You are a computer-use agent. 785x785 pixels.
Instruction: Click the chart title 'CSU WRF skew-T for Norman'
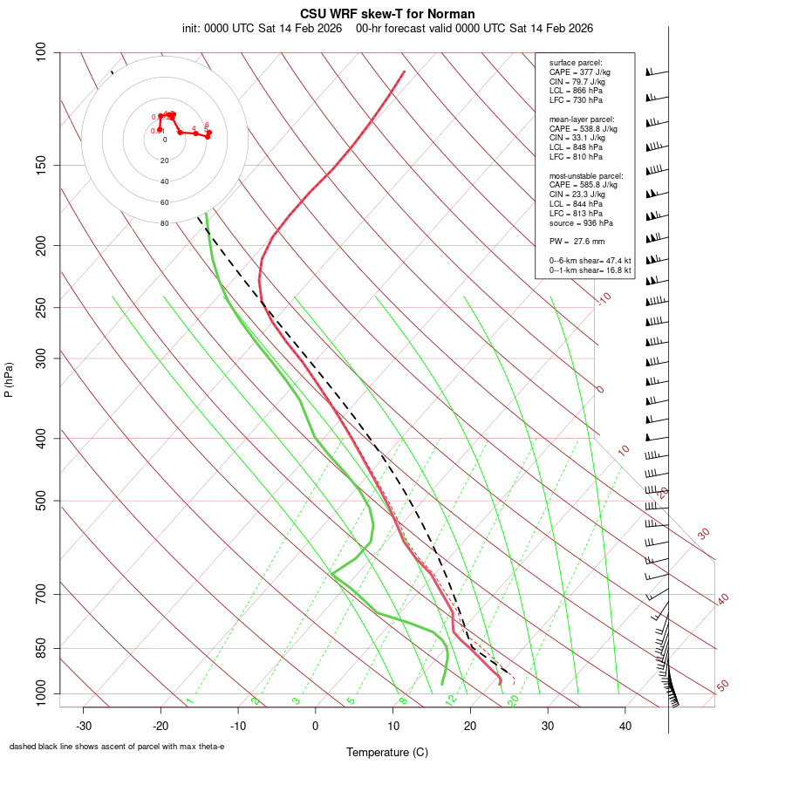tap(387, 14)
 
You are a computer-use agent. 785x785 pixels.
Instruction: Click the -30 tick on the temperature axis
tap(84, 726)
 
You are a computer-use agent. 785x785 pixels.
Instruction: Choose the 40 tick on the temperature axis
tap(625, 726)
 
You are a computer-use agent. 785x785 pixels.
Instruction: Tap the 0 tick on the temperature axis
tap(316, 726)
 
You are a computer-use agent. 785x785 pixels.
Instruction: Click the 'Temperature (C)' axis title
tap(387, 752)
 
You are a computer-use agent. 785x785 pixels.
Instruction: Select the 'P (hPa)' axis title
tap(9, 379)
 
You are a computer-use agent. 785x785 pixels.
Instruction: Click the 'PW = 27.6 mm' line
tap(577, 241)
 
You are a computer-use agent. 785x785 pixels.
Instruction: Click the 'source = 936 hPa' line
tap(581, 222)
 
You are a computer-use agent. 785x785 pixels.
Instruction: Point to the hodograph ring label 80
tap(164, 223)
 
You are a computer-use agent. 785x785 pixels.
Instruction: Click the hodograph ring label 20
tap(164, 160)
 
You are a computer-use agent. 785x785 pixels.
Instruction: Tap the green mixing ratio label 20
tap(514, 700)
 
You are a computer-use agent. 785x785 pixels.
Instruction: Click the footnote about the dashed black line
tap(117, 747)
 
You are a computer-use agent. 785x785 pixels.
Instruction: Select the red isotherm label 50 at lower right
tap(722, 686)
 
